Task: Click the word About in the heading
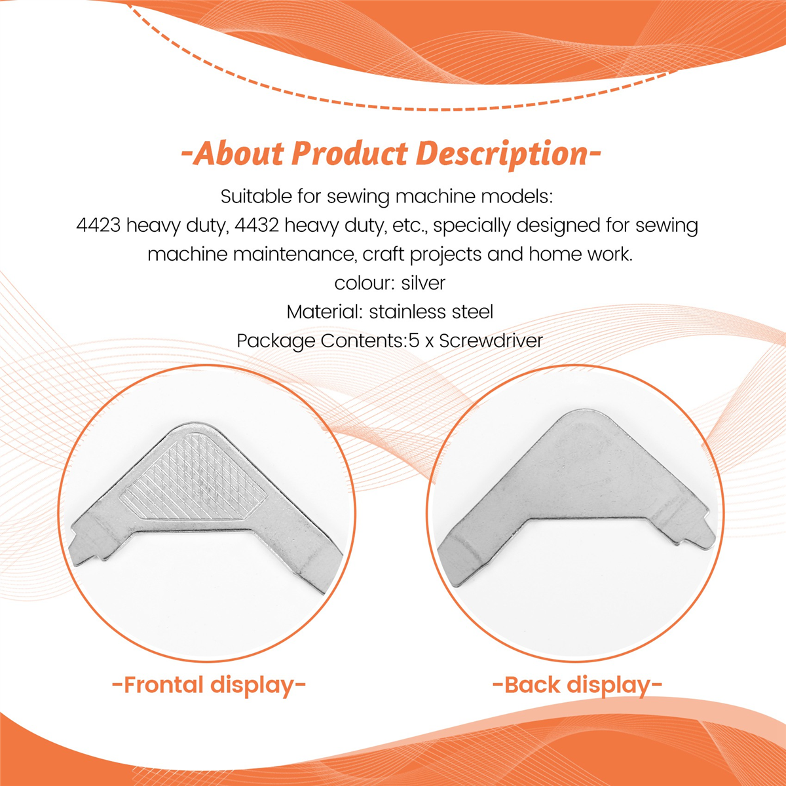point(238,154)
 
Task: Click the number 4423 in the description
point(98,225)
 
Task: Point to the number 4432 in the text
point(257,225)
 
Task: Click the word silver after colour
point(423,283)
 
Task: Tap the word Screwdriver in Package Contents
point(491,341)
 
